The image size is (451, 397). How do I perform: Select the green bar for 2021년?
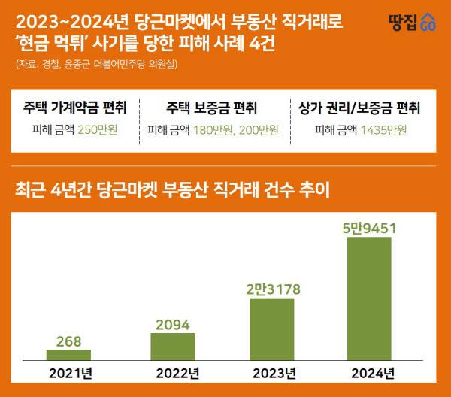[68, 355]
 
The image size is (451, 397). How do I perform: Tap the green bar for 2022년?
[172, 347]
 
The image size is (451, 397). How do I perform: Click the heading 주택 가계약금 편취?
[74, 108]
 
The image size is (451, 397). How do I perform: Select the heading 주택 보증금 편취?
[213, 108]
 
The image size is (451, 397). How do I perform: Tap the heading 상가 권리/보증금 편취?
[359, 108]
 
